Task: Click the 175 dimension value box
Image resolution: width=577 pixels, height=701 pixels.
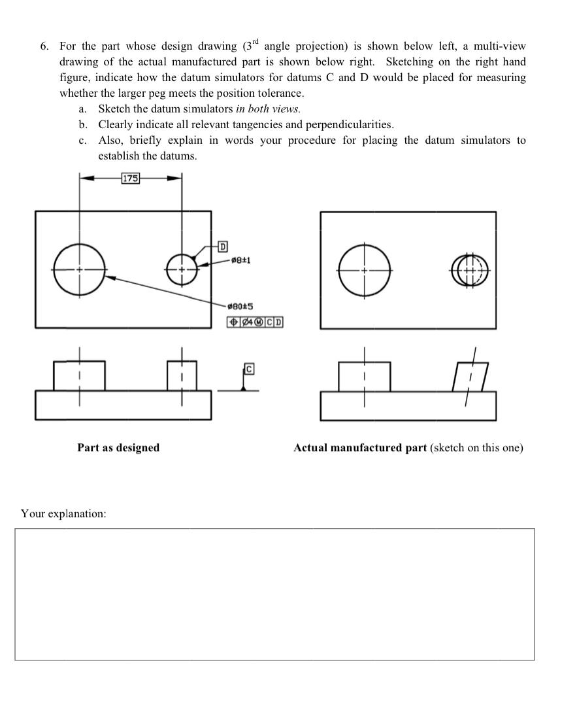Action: [x=130, y=178]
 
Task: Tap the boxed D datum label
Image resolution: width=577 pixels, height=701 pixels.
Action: [x=223, y=247]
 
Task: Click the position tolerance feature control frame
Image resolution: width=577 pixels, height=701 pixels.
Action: [x=255, y=322]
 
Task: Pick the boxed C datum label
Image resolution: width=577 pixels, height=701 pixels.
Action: [x=250, y=369]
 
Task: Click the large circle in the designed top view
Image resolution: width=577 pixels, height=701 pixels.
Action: [x=79, y=269]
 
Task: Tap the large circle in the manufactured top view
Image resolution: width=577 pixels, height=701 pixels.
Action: [x=365, y=269]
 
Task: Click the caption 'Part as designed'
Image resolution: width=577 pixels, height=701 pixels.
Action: [x=118, y=448]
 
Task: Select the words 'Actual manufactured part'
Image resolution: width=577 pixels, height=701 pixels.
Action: [x=360, y=448]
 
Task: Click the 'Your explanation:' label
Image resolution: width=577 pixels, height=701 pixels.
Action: [x=63, y=514]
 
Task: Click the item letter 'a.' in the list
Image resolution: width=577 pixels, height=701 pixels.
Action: [x=82, y=109]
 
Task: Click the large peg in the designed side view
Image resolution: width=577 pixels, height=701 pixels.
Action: [x=79, y=376]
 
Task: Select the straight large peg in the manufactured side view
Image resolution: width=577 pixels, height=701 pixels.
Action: [x=365, y=376]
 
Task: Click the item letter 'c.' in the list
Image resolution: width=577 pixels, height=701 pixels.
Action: [x=82, y=140]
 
